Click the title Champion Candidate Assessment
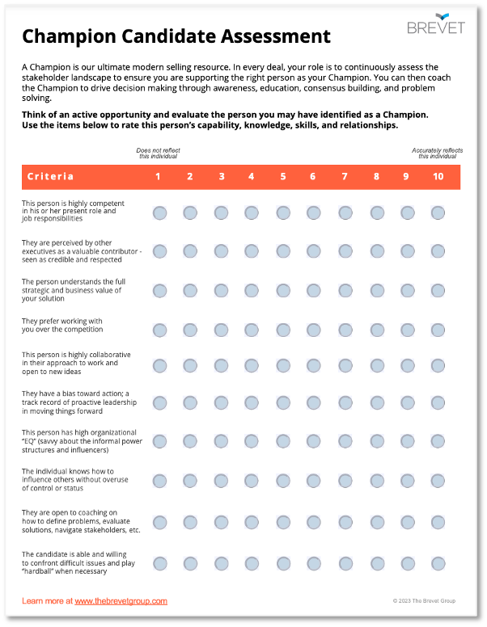coord(176,36)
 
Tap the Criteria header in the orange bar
coord(50,176)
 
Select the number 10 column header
coord(438,176)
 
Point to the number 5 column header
coord(283,176)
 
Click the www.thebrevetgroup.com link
coord(121,601)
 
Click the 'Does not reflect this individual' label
coord(158,154)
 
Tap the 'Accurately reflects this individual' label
coord(437,154)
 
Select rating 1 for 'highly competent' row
coord(159,213)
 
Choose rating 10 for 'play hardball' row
coord(438,563)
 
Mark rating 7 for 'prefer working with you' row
coord(345,330)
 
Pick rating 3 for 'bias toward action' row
coord(221,402)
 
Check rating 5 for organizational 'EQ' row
coord(283,441)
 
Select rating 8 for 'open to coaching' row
coord(377,521)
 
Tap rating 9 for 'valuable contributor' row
coord(408,251)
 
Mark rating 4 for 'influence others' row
coord(252,481)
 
